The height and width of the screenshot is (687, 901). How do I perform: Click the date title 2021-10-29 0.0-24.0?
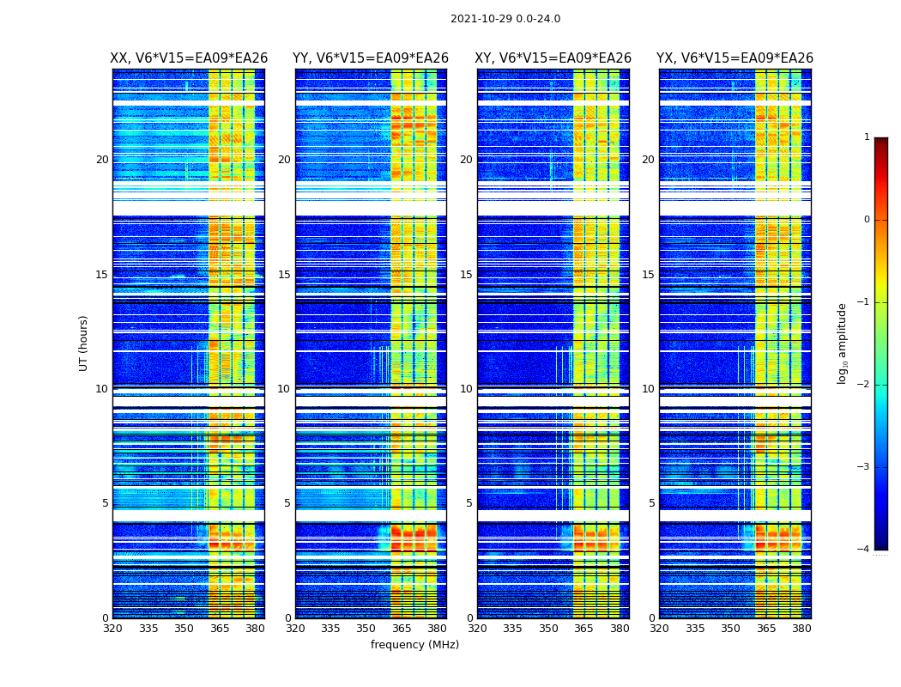pyautogui.click(x=505, y=19)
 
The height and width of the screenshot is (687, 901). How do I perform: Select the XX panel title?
pyautogui.click(x=189, y=58)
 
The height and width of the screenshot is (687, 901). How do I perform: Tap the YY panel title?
pyautogui.click(x=371, y=58)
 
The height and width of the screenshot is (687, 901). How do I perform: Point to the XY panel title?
pyautogui.click(x=553, y=58)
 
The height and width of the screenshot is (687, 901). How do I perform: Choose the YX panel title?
pyautogui.click(x=735, y=58)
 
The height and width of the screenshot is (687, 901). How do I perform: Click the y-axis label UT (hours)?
pyautogui.click(x=84, y=343)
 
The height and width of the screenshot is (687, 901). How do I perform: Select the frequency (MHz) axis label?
pyautogui.click(x=414, y=645)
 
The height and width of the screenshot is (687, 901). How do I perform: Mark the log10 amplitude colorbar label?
pyautogui.click(x=843, y=343)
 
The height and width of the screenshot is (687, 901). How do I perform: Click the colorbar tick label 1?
pyautogui.click(x=867, y=137)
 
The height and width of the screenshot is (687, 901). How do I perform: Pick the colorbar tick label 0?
pyautogui.click(x=867, y=220)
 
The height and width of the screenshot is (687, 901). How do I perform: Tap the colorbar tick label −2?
pyautogui.click(x=864, y=385)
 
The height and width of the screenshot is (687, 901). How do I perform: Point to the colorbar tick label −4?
pyautogui.click(x=864, y=550)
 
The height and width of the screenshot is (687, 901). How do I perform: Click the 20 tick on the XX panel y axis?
pyautogui.click(x=102, y=160)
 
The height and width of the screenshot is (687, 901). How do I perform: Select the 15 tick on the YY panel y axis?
pyautogui.click(x=284, y=275)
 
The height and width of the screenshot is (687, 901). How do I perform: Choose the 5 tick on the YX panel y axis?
pyautogui.click(x=651, y=503)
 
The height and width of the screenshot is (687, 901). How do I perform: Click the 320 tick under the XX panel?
pyautogui.click(x=112, y=629)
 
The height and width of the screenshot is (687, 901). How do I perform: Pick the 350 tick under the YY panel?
pyautogui.click(x=366, y=629)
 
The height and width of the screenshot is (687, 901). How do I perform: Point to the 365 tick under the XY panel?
pyautogui.click(x=584, y=629)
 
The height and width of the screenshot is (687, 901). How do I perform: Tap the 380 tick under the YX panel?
pyautogui.click(x=801, y=629)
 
